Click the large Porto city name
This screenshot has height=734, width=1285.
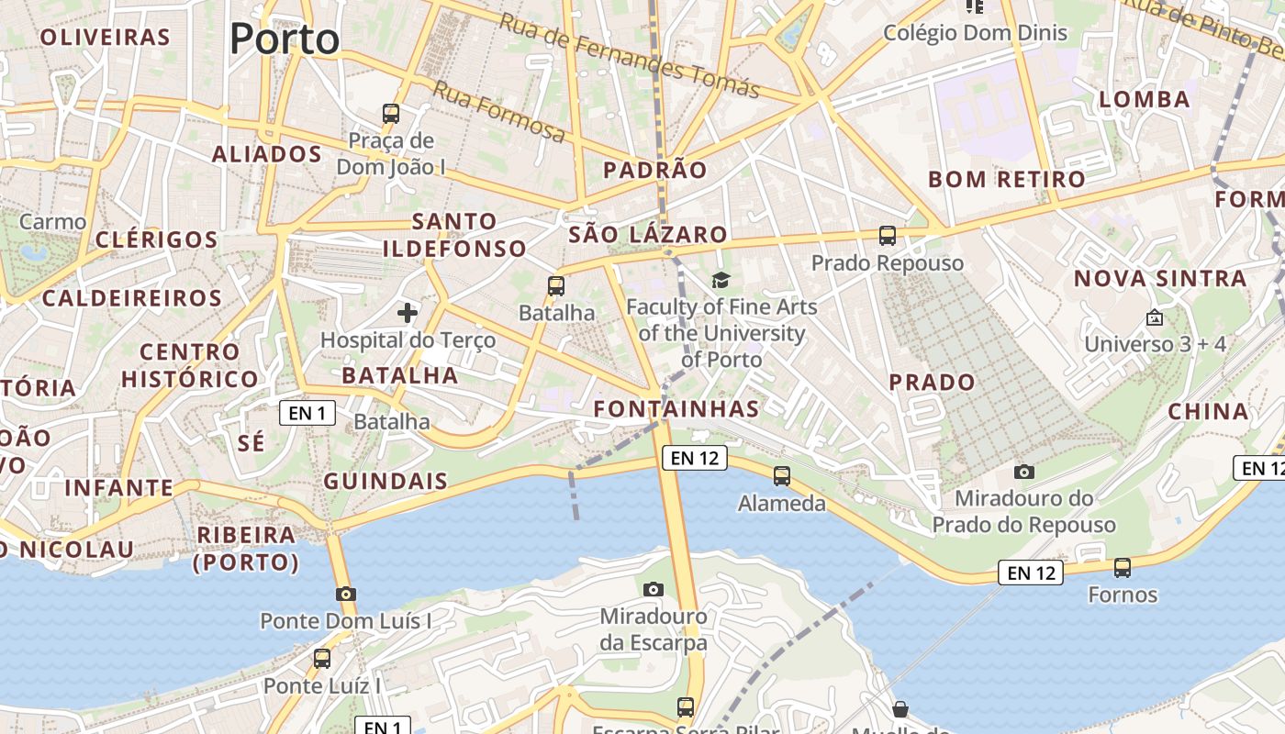click(x=285, y=39)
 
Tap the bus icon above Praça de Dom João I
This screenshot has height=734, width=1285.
click(x=391, y=115)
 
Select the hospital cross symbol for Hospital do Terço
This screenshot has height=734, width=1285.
click(x=408, y=313)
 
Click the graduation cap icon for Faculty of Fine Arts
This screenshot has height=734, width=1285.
click(x=721, y=281)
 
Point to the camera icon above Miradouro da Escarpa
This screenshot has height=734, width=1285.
click(x=654, y=589)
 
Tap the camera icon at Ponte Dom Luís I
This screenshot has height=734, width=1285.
click(x=346, y=594)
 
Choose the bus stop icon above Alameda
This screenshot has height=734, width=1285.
click(x=782, y=476)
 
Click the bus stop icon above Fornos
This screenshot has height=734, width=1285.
click(x=1123, y=568)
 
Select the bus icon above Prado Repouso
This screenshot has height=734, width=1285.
click(x=888, y=236)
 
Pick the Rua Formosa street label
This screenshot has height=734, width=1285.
click(x=499, y=111)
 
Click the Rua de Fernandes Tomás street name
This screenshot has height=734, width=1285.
click(x=630, y=55)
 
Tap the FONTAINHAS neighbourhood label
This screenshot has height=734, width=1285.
click(x=676, y=409)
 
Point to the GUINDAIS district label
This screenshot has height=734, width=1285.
click(x=385, y=482)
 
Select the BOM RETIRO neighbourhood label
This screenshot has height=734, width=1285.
click(x=1006, y=179)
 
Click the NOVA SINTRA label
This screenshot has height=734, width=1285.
click(x=1160, y=278)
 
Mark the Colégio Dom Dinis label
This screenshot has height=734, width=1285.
click(x=976, y=33)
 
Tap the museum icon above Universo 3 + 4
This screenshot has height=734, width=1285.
click(x=1155, y=318)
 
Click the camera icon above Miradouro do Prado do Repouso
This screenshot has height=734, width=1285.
click(x=1024, y=472)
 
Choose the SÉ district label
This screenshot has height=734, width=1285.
click(x=251, y=443)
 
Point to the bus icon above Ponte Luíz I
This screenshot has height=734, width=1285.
click(x=322, y=658)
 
